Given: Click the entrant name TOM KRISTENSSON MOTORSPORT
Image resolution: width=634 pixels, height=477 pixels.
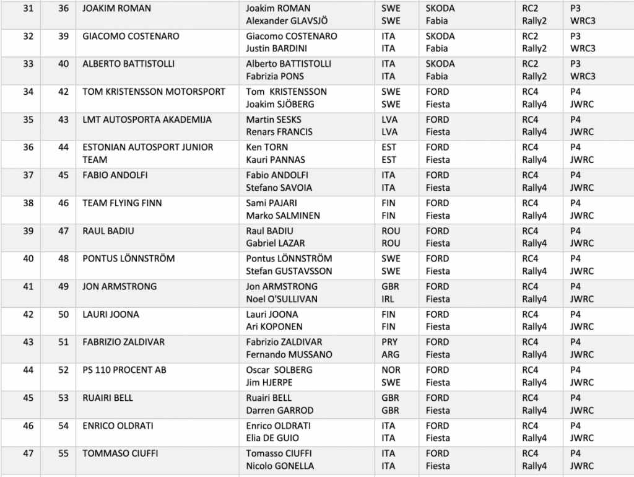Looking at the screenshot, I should (154, 92).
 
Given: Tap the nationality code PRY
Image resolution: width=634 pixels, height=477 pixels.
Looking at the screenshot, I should (390, 342).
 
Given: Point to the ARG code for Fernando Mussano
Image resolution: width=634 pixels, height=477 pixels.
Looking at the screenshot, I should (391, 354).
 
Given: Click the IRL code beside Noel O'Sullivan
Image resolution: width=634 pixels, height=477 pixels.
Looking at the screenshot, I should (389, 299).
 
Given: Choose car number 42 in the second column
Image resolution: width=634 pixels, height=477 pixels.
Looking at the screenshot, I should (64, 92).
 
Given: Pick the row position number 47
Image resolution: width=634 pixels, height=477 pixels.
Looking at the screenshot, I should (28, 453).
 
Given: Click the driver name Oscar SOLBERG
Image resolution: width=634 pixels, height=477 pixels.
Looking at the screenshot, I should (279, 370).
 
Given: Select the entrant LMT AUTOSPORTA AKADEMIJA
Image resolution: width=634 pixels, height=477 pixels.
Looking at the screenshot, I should (147, 120).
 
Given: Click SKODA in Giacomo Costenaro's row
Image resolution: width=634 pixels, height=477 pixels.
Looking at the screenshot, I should (440, 36).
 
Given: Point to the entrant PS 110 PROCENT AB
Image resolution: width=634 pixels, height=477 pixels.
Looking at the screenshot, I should (124, 370).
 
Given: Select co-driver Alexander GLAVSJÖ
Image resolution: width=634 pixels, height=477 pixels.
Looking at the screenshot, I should (287, 20).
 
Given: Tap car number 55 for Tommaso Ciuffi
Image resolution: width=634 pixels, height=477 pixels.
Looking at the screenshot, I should (64, 453).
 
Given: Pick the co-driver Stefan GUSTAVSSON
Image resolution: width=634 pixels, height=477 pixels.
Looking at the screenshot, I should (289, 271).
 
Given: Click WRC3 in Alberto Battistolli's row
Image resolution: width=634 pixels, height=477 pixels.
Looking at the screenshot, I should (583, 76).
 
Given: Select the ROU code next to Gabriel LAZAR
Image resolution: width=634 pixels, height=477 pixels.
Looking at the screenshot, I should (391, 243).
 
